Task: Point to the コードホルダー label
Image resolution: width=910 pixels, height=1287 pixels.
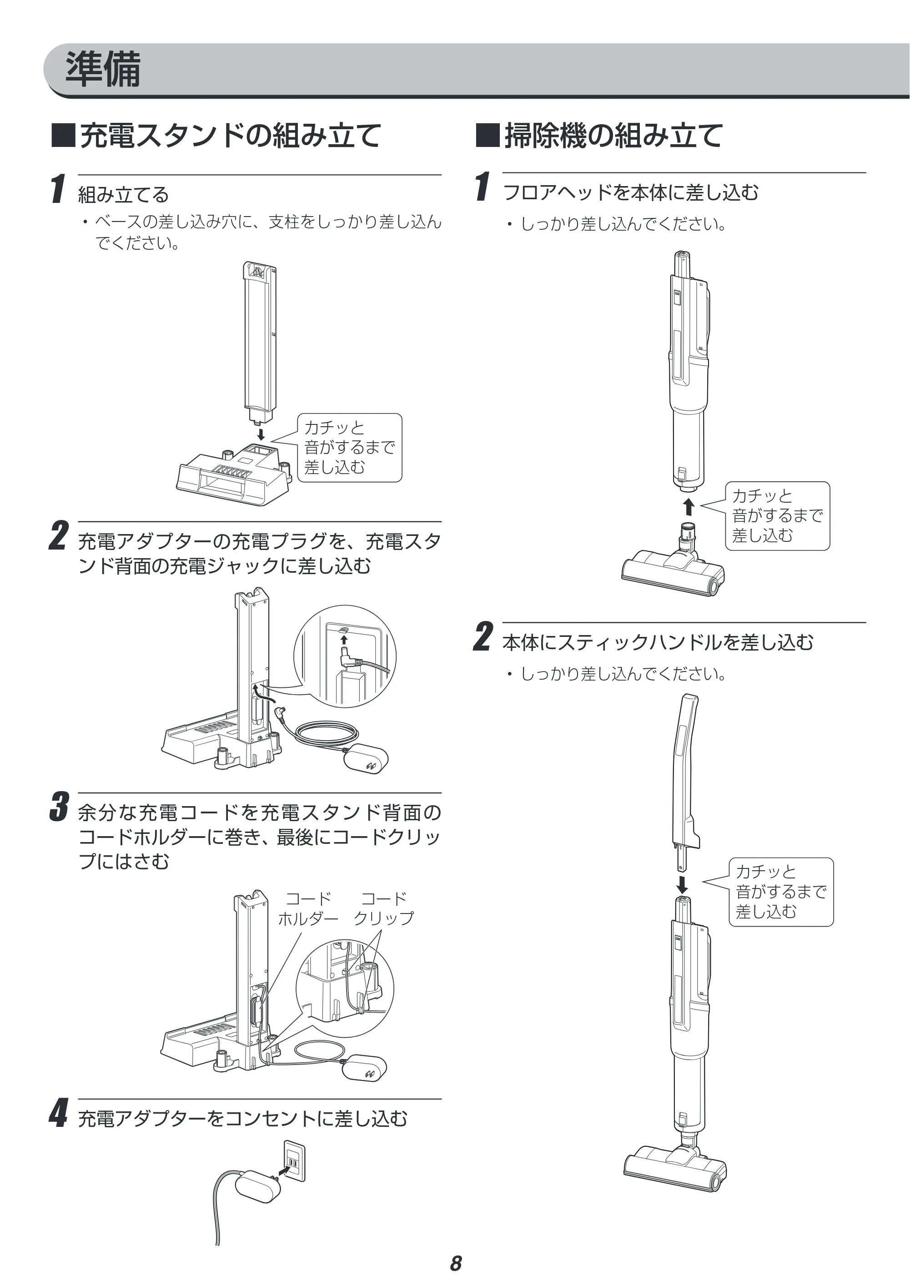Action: [x=308, y=908]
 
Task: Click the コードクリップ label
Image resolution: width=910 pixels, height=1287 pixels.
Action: [x=384, y=908]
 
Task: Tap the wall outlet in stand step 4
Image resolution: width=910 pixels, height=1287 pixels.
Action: [x=295, y=1161]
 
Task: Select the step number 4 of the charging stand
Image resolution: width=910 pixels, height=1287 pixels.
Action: [x=59, y=1112]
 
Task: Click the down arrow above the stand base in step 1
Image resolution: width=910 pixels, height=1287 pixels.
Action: [x=261, y=434]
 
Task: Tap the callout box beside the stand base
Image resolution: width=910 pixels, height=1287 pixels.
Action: [x=349, y=447]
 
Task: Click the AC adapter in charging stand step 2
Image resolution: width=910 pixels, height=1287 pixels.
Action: [x=365, y=758]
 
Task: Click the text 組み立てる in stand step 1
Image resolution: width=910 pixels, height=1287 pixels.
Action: [x=123, y=195]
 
